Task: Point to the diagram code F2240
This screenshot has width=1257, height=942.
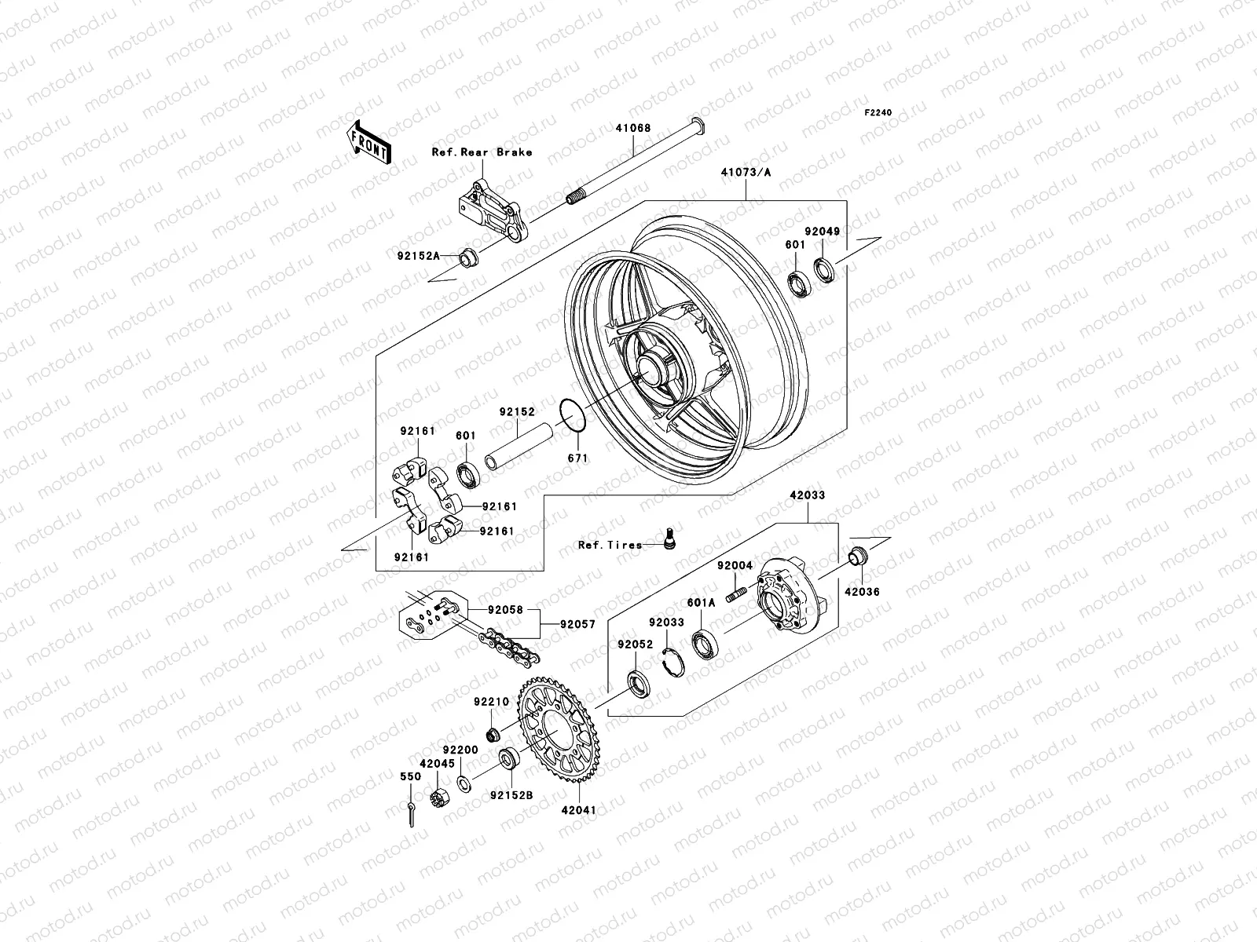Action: (878, 113)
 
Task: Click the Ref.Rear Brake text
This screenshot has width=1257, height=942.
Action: (482, 152)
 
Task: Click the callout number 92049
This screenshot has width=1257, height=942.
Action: (822, 232)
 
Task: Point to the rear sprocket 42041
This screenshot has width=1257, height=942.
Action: (558, 736)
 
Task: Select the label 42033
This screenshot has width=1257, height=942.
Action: (808, 495)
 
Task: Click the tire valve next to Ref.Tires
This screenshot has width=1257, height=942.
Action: (670, 539)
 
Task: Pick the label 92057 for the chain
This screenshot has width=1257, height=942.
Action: (577, 626)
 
